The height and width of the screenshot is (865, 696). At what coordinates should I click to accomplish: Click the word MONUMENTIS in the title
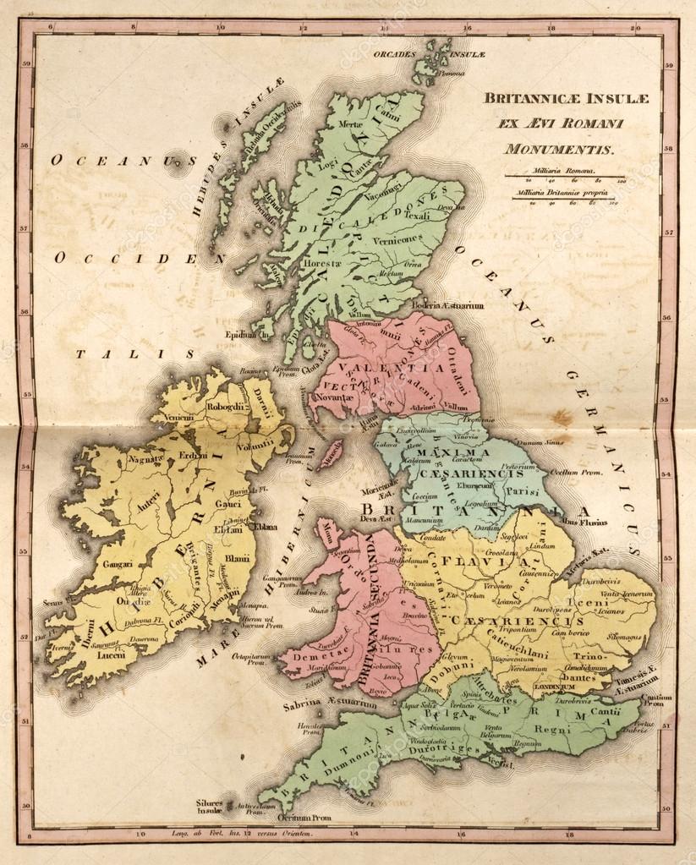[x=559, y=149]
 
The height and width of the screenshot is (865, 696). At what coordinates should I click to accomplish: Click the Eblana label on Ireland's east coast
[x=266, y=525]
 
